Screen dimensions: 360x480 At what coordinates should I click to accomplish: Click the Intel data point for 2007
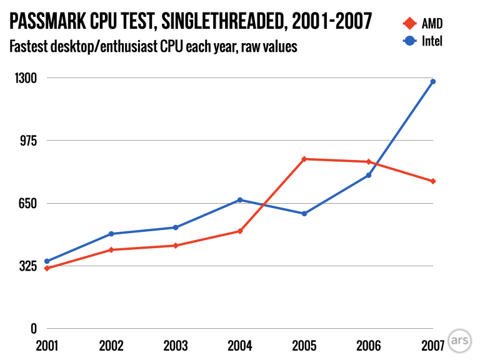pos(432,81)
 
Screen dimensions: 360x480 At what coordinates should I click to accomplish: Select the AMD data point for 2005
pos(304,159)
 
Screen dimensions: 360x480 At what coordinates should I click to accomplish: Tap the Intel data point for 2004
pos(240,200)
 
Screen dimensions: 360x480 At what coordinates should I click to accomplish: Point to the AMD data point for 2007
pos(432,181)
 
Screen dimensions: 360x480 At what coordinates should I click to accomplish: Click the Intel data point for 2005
pos(304,214)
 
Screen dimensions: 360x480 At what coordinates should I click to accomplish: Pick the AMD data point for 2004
pos(240,231)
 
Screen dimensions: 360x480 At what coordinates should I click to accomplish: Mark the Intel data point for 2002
pos(111,234)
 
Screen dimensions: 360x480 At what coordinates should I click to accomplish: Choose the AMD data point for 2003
pos(176,246)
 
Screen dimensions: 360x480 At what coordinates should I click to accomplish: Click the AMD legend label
pos(432,24)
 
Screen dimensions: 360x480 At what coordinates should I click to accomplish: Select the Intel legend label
pos(432,42)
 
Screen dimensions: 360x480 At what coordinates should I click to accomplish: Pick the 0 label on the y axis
pos(34,329)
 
